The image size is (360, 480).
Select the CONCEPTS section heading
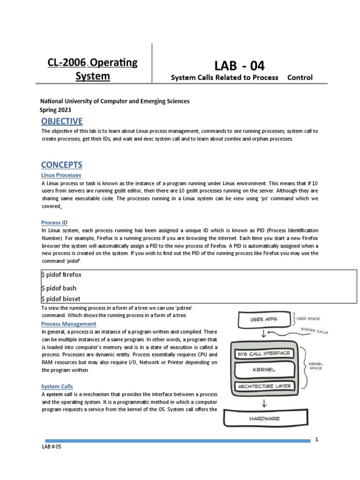click(62, 165)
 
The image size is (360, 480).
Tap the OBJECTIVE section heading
click(62, 121)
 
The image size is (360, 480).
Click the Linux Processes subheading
click(61, 175)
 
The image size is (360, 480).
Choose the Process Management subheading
click(69, 324)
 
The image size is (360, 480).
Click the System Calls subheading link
click(57, 386)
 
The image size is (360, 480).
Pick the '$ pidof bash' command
click(59, 288)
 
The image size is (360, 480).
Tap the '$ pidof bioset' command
click(60, 299)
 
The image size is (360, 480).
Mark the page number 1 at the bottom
click(317, 440)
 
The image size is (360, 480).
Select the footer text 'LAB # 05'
click(52, 447)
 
